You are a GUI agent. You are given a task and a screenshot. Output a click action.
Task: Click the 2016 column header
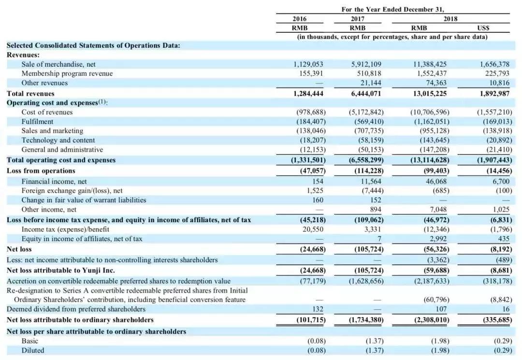[x=300, y=19]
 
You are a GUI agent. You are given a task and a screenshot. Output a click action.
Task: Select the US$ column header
[x=483, y=28]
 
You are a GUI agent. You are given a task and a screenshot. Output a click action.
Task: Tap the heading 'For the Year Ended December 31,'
[x=392, y=9]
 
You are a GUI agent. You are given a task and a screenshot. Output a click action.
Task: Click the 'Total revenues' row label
[x=30, y=93]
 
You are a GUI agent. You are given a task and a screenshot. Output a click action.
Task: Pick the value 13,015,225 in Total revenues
[x=430, y=93]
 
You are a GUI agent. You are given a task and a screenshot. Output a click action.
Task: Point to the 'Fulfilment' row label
[x=37, y=121]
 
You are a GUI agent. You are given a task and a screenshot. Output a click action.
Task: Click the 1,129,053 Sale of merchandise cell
[x=308, y=64]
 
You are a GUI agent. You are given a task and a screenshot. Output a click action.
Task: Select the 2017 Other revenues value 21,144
[x=371, y=83]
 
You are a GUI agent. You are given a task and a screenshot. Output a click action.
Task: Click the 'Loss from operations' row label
[x=41, y=171]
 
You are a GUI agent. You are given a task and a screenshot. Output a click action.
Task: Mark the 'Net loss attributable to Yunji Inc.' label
[x=60, y=270]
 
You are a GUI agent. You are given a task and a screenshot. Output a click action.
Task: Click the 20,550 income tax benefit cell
[x=313, y=229]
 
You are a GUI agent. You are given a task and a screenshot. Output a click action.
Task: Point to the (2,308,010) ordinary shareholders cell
[x=429, y=320]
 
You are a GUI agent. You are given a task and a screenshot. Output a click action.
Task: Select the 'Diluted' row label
[x=32, y=350]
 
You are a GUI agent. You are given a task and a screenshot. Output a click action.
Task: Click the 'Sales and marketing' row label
[x=52, y=130]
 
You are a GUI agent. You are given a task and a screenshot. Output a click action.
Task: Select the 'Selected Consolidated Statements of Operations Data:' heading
[x=93, y=45]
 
